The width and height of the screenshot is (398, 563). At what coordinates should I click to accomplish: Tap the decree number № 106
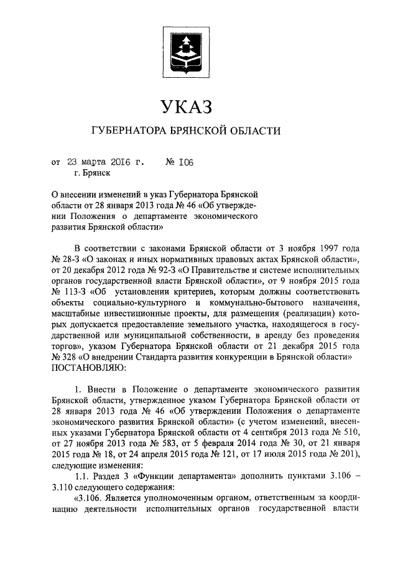(180, 163)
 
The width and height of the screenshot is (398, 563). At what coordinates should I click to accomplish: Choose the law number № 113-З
(65, 294)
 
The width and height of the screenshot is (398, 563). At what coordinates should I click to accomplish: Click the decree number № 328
(65, 356)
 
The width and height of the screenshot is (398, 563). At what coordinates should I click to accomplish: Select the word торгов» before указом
(68, 345)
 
